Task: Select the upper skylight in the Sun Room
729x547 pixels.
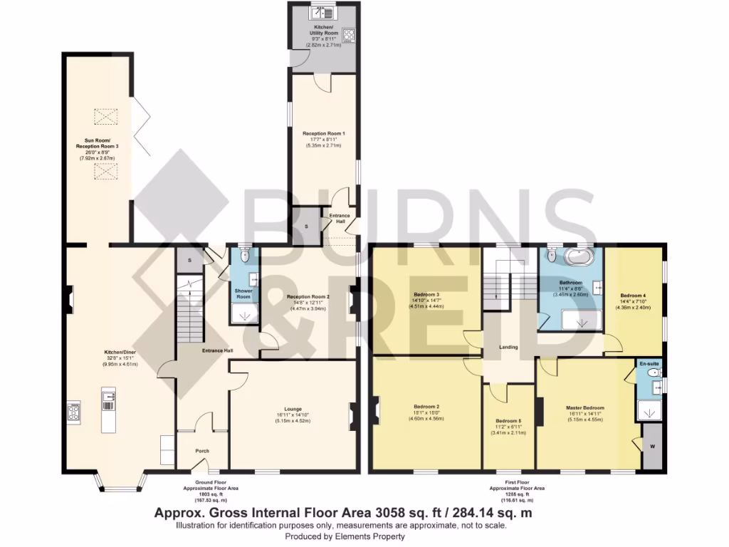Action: click(105, 116)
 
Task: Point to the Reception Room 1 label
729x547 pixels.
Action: click(324, 133)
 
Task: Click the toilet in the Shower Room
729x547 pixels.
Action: click(244, 255)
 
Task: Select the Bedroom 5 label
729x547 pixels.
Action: click(508, 420)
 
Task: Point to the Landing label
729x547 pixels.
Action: click(508, 347)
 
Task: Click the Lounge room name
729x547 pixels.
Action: click(293, 409)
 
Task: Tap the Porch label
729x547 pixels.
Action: click(202, 451)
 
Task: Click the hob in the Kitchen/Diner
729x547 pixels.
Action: click(75, 411)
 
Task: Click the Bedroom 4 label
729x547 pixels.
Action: click(633, 295)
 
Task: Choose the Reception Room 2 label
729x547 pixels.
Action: click(308, 296)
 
